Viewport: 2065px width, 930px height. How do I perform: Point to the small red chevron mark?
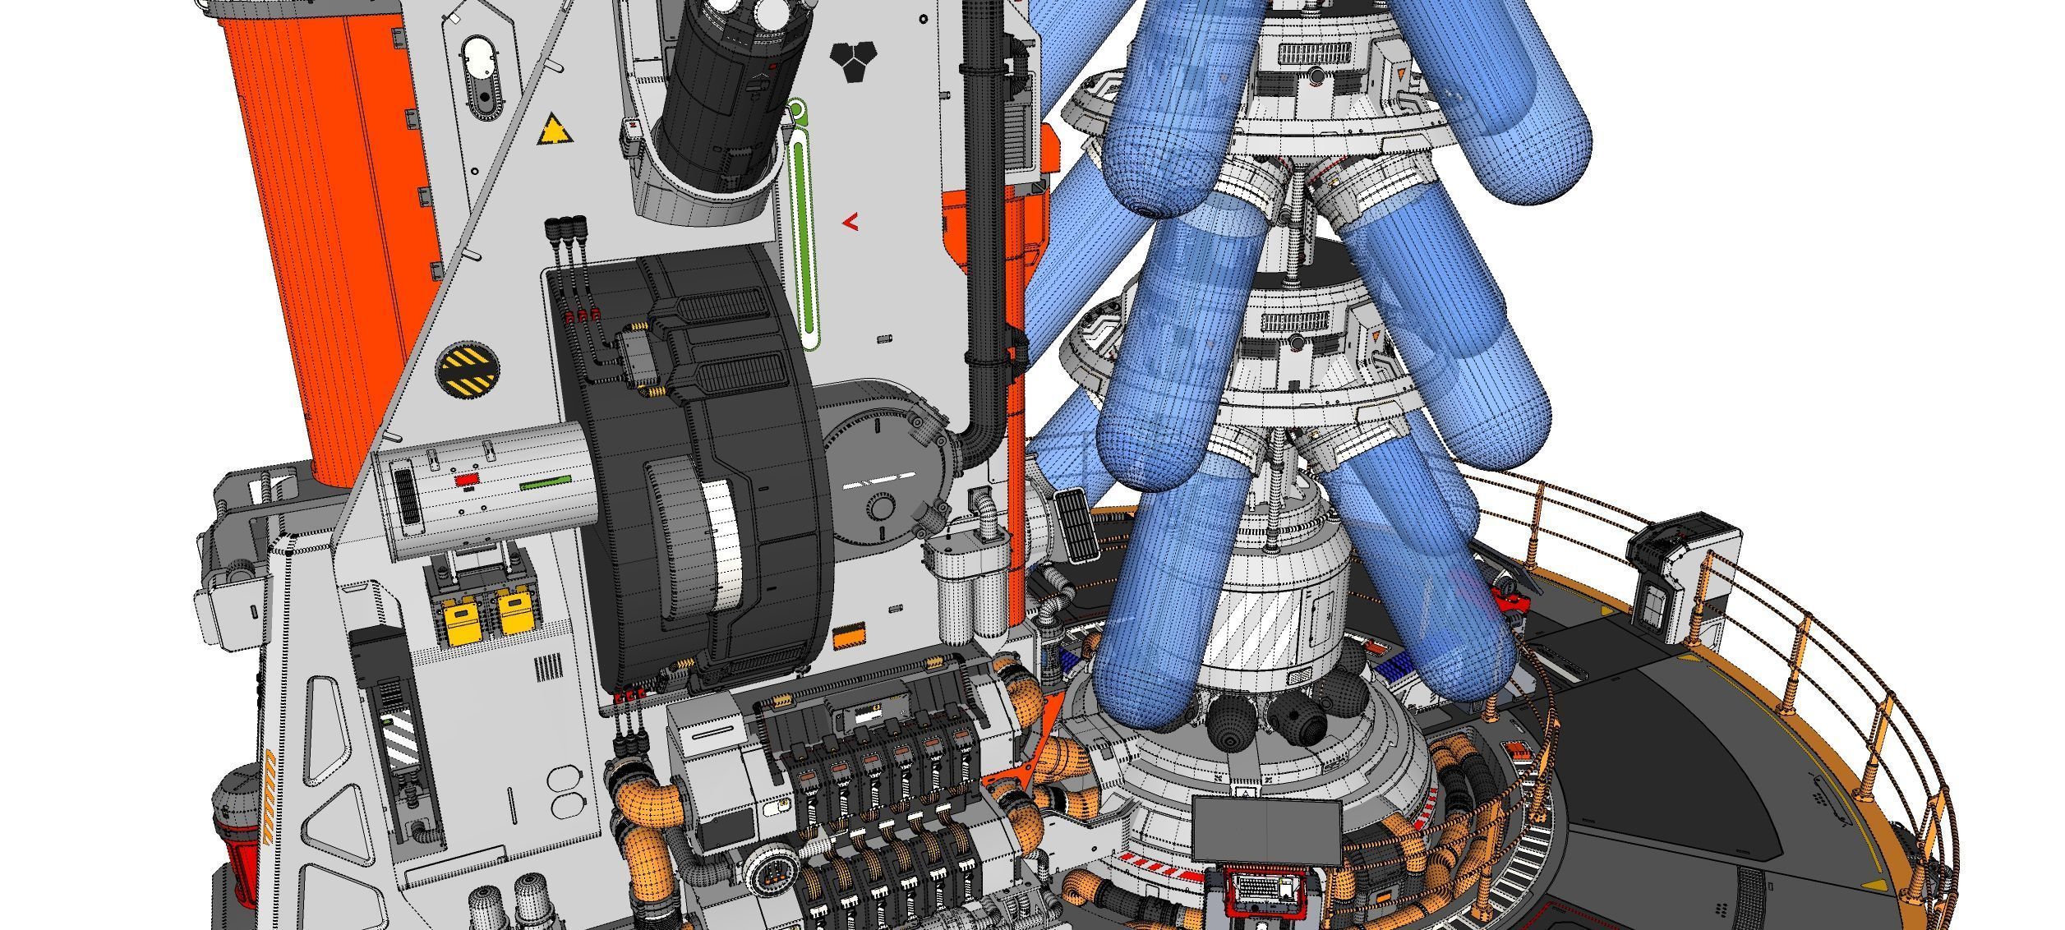click(x=851, y=221)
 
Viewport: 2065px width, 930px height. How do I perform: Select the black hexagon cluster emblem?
click(x=854, y=58)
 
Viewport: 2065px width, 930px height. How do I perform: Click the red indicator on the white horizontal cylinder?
click(x=466, y=478)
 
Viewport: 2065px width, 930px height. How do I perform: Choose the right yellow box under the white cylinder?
click(x=514, y=614)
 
